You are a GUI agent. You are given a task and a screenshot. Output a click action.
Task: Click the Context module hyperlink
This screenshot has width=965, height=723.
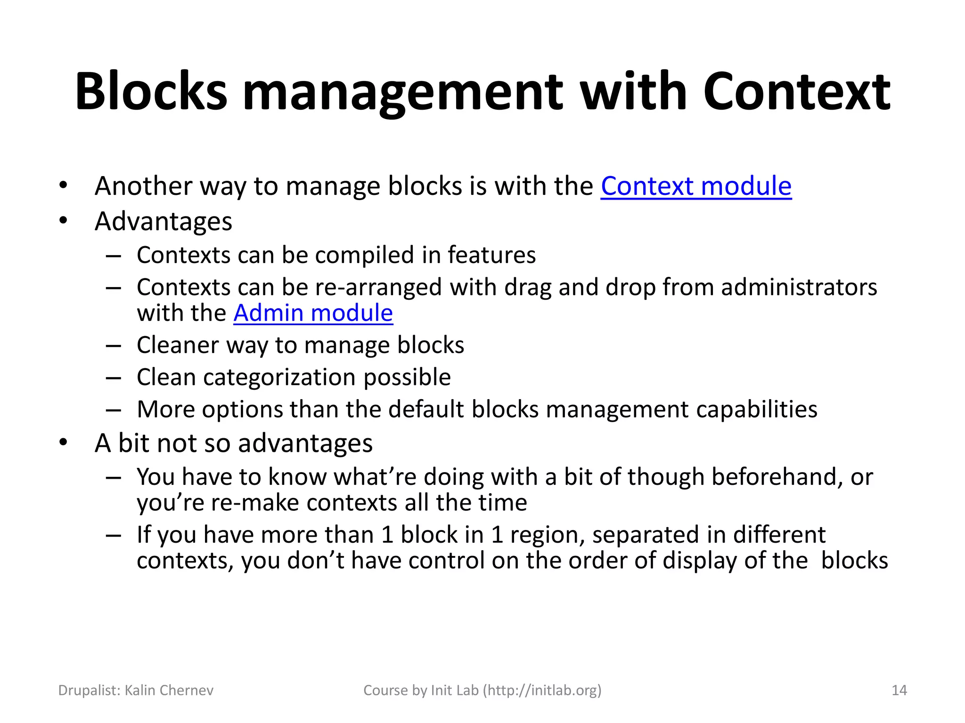pos(695,186)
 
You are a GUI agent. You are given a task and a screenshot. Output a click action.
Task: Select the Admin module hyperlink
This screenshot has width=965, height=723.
pos(313,313)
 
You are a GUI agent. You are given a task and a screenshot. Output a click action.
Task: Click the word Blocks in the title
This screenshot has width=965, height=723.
pos(151,92)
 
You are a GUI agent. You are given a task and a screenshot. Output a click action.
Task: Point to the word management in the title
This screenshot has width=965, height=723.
pos(403,92)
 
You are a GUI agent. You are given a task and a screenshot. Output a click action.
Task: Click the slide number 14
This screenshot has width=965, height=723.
pos(899,690)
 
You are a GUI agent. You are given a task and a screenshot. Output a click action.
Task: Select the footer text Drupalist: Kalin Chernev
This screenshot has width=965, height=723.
pos(136,690)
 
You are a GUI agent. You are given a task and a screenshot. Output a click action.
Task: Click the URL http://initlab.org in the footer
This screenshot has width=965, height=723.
pos(542,690)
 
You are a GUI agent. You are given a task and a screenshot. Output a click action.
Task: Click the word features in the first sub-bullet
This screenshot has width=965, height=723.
pos(491,255)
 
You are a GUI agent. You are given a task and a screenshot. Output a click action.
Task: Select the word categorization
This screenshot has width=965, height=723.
pos(279,377)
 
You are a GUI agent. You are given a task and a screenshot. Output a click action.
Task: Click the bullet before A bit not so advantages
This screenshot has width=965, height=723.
pos(64,442)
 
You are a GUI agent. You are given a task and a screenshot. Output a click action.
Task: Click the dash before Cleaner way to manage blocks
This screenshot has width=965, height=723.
pos(114,345)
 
